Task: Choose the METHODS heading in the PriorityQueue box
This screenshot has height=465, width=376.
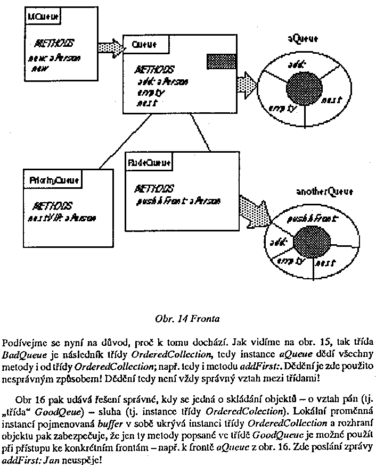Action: coord(53,206)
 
